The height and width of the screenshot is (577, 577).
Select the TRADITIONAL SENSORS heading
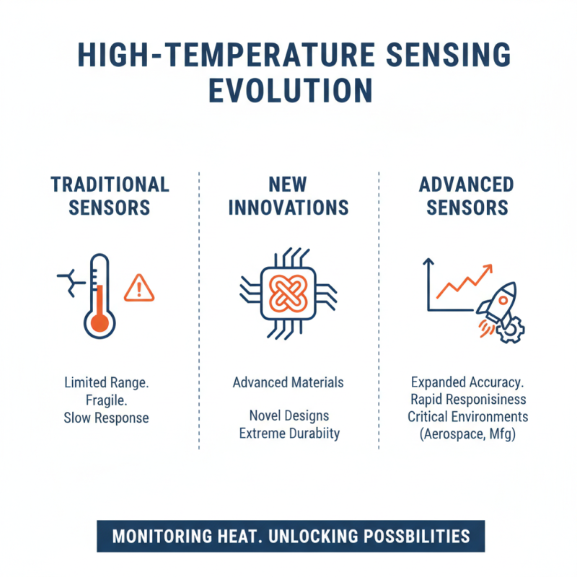[110, 195]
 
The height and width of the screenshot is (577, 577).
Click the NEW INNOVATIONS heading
[288, 195]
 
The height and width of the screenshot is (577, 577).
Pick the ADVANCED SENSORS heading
[467, 195]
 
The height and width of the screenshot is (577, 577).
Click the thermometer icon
[98, 297]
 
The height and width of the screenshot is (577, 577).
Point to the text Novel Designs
[288, 416]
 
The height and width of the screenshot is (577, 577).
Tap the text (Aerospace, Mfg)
[467, 435]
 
